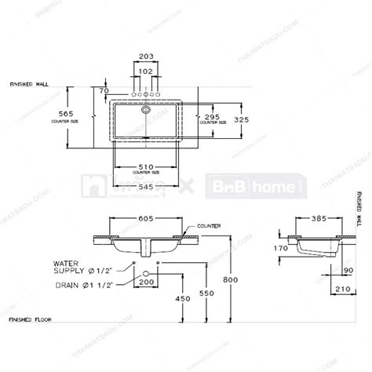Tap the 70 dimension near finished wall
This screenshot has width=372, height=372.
[104, 91]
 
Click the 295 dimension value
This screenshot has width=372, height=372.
[212, 115]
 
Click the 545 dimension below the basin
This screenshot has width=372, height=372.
[144, 188]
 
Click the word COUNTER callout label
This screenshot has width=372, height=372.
[210, 226]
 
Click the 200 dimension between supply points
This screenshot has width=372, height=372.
[145, 281]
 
